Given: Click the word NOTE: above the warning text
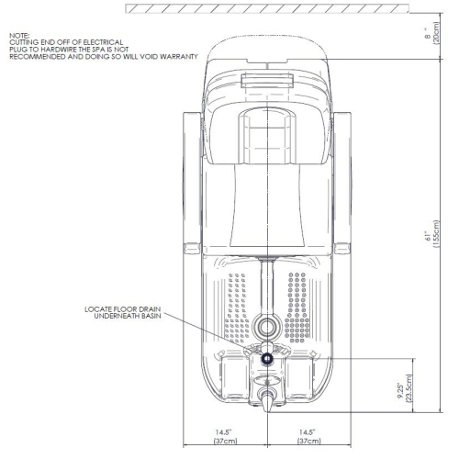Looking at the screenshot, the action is click(19, 36).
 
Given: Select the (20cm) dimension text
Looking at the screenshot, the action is click(436, 32).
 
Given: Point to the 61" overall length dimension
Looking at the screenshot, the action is click(428, 236).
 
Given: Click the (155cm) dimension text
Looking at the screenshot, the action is click(436, 233).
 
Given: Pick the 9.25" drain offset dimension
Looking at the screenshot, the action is click(400, 390).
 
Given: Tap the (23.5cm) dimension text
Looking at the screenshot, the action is click(409, 388).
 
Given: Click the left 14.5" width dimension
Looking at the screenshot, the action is click(224, 432).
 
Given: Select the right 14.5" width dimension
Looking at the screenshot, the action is click(307, 432).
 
